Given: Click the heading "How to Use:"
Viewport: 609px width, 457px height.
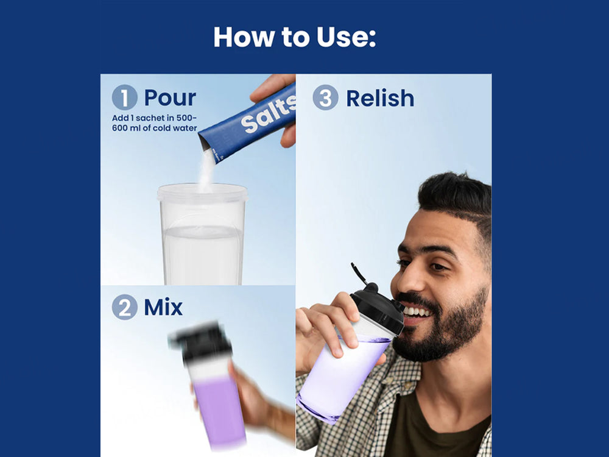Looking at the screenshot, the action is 294,37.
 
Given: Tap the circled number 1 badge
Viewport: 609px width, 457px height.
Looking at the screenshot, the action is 124,97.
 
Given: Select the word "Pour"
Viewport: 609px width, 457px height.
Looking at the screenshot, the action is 170,97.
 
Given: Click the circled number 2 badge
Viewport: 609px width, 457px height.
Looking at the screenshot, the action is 124,307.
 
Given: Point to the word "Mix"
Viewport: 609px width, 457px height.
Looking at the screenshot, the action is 163,307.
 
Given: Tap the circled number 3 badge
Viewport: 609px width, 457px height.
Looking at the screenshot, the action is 325,97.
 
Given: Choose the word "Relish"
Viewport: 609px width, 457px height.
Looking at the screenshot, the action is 380,98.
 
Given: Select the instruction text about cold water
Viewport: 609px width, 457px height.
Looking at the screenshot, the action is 154,123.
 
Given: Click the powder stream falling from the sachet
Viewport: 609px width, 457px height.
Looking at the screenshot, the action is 206,171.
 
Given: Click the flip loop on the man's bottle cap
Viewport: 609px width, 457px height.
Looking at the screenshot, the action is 358,273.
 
